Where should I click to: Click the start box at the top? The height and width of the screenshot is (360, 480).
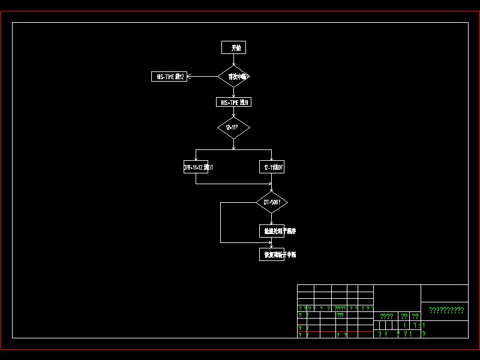pos(233,47)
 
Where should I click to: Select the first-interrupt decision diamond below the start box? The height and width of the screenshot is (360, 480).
pos(233,76)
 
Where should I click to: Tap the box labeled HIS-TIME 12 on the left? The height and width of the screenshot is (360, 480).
pos(169,76)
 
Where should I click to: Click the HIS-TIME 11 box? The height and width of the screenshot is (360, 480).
pos(233,102)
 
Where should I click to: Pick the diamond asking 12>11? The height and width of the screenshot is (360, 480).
pos(233,127)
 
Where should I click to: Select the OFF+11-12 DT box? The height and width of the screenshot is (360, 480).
pos(196,167)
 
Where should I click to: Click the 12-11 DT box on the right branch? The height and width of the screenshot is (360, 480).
pos(272,167)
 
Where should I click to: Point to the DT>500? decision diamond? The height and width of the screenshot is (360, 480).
pos(272,203)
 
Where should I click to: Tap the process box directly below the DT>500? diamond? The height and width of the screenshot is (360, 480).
pos(272,230)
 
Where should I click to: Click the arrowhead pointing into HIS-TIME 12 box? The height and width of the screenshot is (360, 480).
pos(190,76)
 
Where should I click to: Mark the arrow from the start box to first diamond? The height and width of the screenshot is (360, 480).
pos(233,60)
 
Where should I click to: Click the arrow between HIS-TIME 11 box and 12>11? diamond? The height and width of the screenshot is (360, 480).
pos(233,112)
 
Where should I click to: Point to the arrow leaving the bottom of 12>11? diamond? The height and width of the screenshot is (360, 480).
pos(233,144)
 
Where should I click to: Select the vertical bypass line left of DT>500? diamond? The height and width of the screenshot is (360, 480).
pos(221,223)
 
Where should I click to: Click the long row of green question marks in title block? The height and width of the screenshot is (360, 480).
pos(446,310)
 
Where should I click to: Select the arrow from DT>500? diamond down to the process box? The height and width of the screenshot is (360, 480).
pos(272,219)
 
